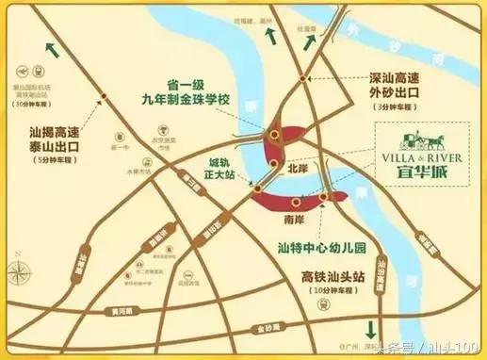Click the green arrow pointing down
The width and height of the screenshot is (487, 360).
click(370, 329)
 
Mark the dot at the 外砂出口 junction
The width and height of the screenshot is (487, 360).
click(301, 78)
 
